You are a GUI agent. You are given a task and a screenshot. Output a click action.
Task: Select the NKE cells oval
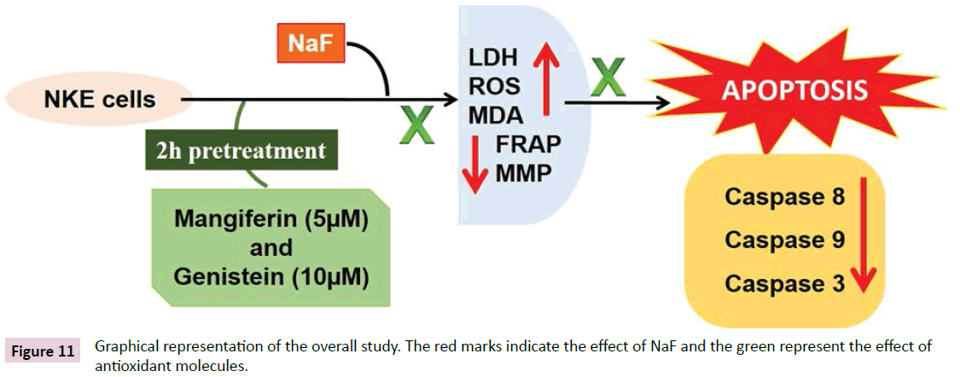pos(100,100)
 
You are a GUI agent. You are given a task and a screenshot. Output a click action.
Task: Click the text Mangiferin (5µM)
pos(271,218)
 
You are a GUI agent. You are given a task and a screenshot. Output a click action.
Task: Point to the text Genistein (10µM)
pos(271,277)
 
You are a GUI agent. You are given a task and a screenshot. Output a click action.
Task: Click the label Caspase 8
pos(784,196)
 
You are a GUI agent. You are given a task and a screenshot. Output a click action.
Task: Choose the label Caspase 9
pos(784,240)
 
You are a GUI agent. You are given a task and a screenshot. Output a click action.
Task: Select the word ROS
pos(494,86)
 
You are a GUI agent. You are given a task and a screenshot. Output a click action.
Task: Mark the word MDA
pos(496,113)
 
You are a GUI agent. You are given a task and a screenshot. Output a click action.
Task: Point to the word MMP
pos(523,173)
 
